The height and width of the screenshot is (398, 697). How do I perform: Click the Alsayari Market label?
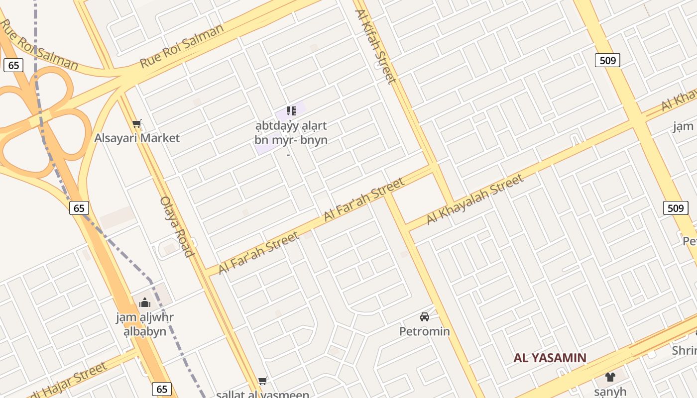[x=137, y=138]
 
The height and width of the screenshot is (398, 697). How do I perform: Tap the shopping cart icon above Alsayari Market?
[x=137, y=123]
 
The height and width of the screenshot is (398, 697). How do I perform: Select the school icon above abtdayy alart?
[x=291, y=110]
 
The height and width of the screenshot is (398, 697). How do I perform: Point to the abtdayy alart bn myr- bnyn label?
[x=291, y=133]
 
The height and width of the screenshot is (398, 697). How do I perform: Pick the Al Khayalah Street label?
[x=474, y=199]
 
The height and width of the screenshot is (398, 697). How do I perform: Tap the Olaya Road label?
[x=176, y=227]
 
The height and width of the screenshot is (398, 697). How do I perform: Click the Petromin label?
[x=425, y=331]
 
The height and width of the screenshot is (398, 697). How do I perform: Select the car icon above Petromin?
[x=425, y=316]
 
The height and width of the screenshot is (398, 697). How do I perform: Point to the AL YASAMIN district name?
[x=550, y=358]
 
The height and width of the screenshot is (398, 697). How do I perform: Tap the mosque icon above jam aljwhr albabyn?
[x=145, y=302]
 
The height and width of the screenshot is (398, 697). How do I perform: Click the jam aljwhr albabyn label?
[x=145, y=324]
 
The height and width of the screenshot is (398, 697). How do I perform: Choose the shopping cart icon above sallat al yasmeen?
[x=263, y=381]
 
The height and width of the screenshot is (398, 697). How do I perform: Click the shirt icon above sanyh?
[x=610, y=377]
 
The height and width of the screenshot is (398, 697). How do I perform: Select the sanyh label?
[x=610, y=392]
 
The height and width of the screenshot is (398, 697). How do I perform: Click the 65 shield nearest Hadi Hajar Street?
[x=162, y=389]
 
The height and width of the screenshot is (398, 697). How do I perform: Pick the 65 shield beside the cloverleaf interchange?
[x=13, y=65]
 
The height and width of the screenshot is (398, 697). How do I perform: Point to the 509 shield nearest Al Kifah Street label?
[x=607, y=61]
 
